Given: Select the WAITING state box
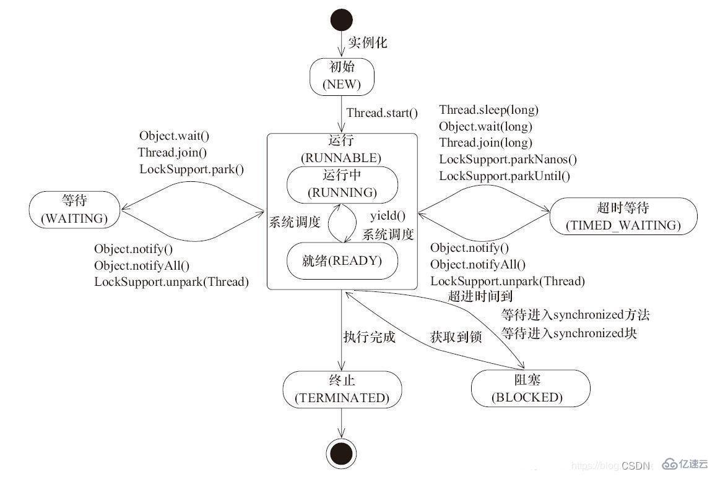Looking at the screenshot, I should pyautogui.click(x=74, y=209).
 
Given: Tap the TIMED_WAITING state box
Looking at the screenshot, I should pyautogui.click(x=623, y=215).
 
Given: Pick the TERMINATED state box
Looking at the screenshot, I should pyautogui.click(x=342, y=389).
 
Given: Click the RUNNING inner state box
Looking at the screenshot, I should pyautogui.click(x=342, y=184).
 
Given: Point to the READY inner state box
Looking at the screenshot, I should pyautogui.click(x=342, y=260).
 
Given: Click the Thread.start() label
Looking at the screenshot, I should pyautogui.click(x=382, y=113).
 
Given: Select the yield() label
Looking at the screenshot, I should pyautogui.click(x=388, y=216).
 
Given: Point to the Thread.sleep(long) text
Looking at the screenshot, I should pyautogui.click(x=488, y=110).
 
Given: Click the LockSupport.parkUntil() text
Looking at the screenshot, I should pyautogui.click(x=504, y=176).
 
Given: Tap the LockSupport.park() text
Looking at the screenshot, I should pyautogui.click(x=191, y=169).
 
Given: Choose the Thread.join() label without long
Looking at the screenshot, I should pyautogui.click(x=172, y=152).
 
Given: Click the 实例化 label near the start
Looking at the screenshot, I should pyautogui.click(x=367, y=43).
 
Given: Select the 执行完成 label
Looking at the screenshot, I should pyautogui.click(x=369, y=338).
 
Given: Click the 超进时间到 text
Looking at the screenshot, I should pyautogui.click(x=480, y=296).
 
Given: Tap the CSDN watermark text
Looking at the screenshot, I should pyautogui.click(x=636, y=465).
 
